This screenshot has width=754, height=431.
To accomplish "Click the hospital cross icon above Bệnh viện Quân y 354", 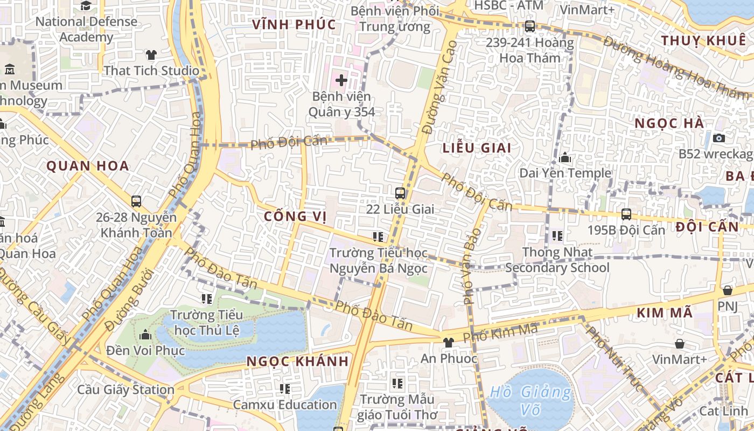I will pyautogui.click(x=341, y=80).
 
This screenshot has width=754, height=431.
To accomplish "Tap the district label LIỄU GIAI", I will pyautogui.click(x=477, y=148).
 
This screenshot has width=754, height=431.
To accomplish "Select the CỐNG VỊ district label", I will pyautogui.click(x=296, y=217).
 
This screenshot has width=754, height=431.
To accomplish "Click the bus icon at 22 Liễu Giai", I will pyautogui.click(x=400, y=193).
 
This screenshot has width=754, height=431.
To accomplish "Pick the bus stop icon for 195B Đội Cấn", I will pyautogui.click(x=626, y=214).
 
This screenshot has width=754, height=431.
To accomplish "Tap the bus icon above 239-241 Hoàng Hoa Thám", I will pyautogui.click(x=530, y=26).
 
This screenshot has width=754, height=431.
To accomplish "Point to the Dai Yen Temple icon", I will pyautogui.click(x=565, y=157).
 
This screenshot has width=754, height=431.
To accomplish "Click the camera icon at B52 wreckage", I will pyautogui.click(x=718, y=138).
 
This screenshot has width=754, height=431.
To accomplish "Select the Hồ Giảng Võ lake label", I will pyautogui.click(x=530, y=400).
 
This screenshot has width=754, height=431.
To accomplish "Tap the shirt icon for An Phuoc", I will pyautogui.click(x=448, y=342).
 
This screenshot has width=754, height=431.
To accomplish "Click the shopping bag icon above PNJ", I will pyautogui.click(x=727, y=290).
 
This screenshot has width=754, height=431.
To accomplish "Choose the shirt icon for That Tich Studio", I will pyautogui.click(x=151, y=54).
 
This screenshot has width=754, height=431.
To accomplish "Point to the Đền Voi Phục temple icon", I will pyautogui.click(x=145, y=335).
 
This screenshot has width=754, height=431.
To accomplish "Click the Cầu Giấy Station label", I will pyautogui.click(x=125, y=390).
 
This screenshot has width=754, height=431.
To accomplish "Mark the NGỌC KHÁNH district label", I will pyautogui.click(x=298, y=361).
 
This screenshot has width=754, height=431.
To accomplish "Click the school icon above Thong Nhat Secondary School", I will pyautogui.click(x=557, y=235).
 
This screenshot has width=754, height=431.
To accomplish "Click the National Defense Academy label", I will pyautogui.click(x=86, y=30).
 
